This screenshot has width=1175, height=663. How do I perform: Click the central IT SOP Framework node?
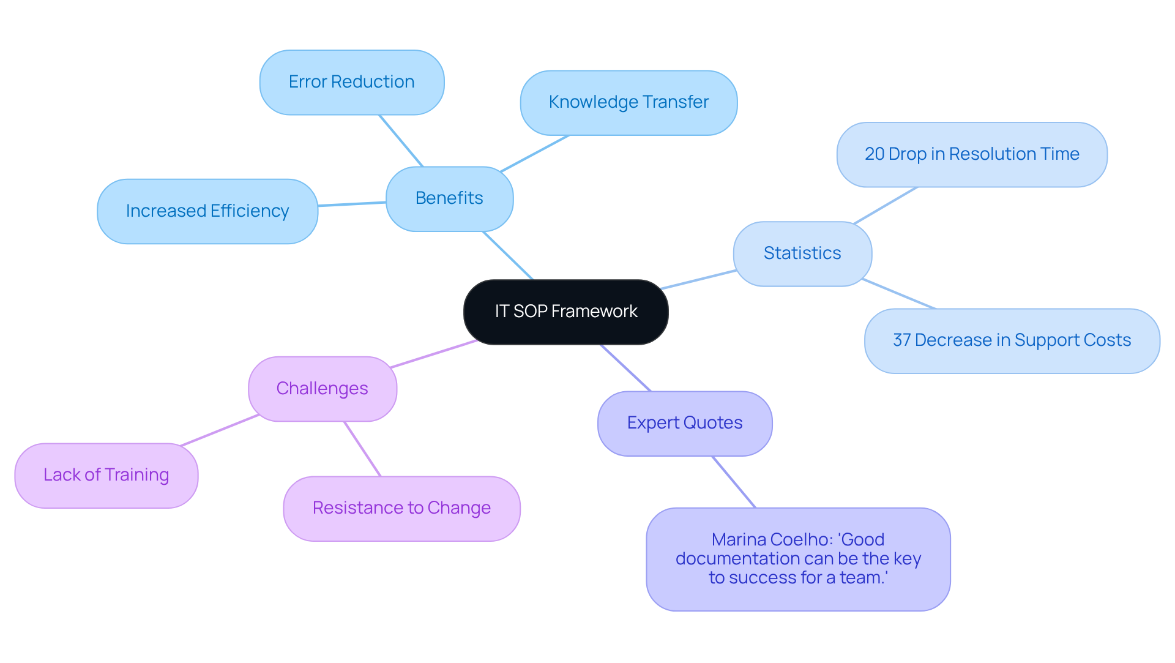tap(565, 312)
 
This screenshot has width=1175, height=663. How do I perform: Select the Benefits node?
tap(449, 198)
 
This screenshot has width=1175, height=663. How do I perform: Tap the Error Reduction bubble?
tap(351, 82)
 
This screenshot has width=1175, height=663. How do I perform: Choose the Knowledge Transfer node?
tap(629, 102)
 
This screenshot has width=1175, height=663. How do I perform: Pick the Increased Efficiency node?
tap(207, 211)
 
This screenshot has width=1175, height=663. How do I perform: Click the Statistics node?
tap(802, 253)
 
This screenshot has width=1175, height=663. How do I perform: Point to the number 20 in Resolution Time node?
tap(875, 154)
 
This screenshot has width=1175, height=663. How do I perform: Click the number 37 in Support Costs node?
tap(901, 340)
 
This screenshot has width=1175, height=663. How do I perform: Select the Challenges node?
tap(322, 389)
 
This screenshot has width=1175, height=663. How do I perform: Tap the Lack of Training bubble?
tap(106, 475)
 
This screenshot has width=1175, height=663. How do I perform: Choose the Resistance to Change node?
tap(401, 508)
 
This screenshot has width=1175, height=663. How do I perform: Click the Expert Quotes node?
tap(684, 423)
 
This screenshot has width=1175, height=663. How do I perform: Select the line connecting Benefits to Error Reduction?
tap(401, 141)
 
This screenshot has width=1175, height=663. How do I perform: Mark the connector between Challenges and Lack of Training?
tap(219, 430)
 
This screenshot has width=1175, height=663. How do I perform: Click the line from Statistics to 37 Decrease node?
tap(898, 294)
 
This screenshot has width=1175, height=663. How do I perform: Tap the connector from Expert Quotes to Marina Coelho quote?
tap(734, 482)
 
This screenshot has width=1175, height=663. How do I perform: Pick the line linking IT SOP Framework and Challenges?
tap(434, 354)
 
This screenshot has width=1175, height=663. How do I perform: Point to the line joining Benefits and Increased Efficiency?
tap(352, 204)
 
